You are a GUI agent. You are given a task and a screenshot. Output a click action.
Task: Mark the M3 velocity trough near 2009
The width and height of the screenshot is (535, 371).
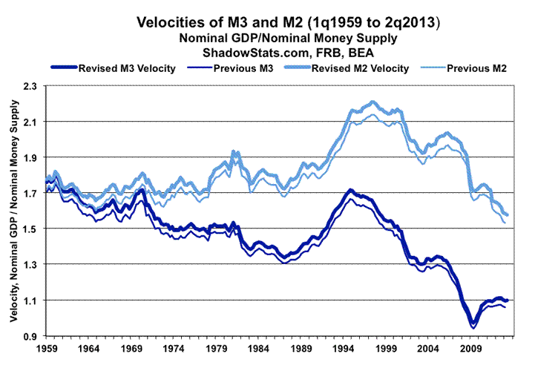coord(472,324)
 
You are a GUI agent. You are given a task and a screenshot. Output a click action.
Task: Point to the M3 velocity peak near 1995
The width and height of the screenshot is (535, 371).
coord(349,191)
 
